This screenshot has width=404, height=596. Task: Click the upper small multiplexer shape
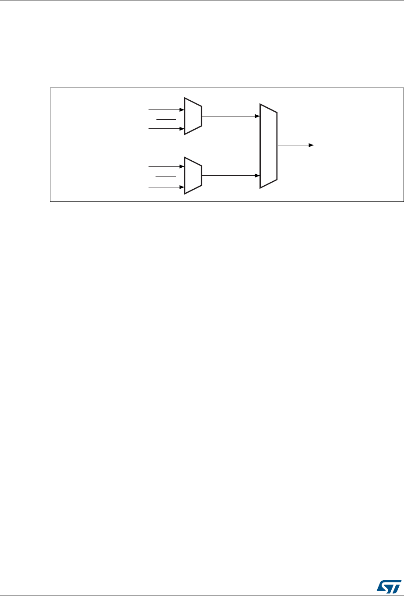point(193,116)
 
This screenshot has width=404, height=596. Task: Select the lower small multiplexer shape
point(193,175)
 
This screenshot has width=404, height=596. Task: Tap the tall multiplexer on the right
point(269,146)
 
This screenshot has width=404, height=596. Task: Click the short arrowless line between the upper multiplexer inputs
point(166,119)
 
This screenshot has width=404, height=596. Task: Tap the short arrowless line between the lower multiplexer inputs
point(166,176)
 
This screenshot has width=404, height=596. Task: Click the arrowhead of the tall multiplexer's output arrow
point(311,145)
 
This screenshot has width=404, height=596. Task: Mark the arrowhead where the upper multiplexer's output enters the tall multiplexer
point(257,116)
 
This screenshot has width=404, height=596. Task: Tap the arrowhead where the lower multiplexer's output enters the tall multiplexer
point(257,175)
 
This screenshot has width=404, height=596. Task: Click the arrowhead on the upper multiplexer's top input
point(181,109)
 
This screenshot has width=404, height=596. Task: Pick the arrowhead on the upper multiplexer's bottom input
point(181,129)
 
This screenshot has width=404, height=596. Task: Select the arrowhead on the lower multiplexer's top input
point(181,166)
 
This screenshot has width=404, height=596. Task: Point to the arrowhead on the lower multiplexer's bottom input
point(181,187)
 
